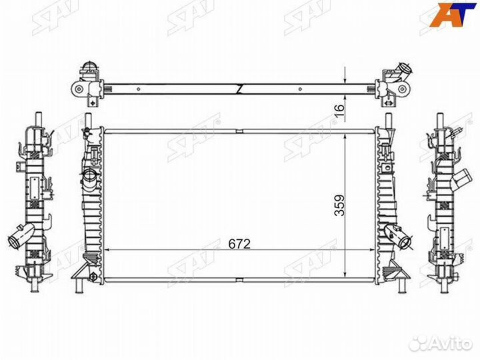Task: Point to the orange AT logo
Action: pyautogui.click(x=453, y=14)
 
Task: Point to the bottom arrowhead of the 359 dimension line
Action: pyautogui.click(x=345, y=273)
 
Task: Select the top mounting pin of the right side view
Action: pyautogui.click(x=441, y=117)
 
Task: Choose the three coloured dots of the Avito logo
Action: pyautogui.click(x=418, y=343)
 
